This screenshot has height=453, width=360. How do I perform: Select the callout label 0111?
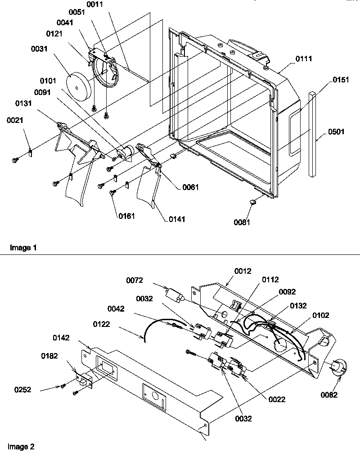(304, 59)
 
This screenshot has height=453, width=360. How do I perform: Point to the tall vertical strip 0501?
(311, 134)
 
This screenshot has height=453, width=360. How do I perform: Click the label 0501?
(332, 132)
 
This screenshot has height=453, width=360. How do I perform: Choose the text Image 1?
(22, 248)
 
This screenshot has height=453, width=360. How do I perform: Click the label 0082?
(329, 395)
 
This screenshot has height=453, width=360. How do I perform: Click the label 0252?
(22, 390)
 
